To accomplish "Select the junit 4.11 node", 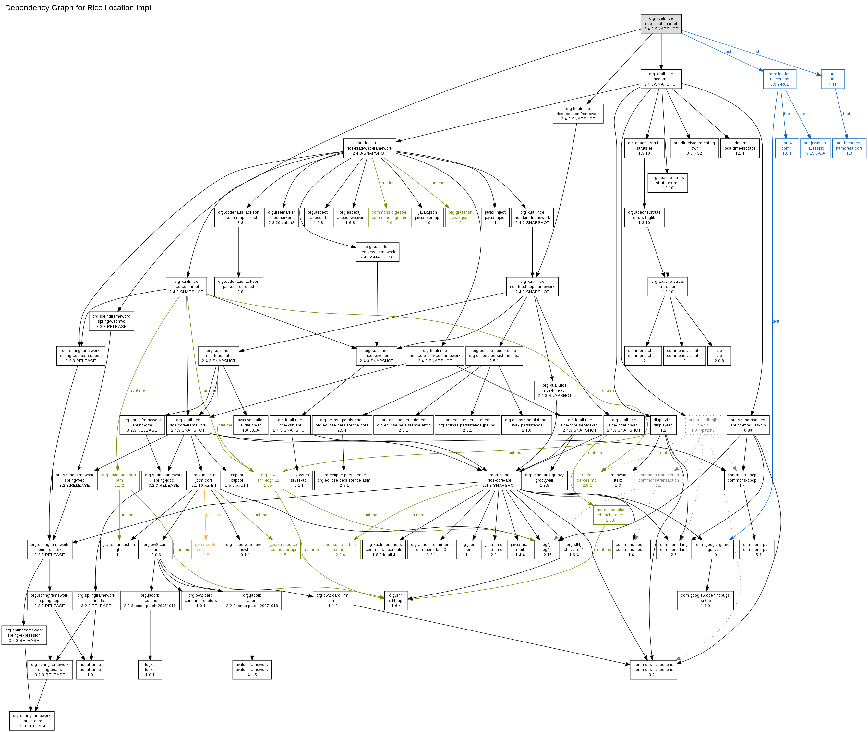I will coord(832,79).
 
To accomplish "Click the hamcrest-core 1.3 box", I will coord(849,148).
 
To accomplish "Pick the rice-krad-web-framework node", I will coord(369,148).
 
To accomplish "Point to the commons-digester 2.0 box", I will coord(389,217).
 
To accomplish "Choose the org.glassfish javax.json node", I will coord(460,217).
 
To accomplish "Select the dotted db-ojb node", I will coord(703,425).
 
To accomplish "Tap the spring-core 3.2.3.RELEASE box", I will coord(31,721).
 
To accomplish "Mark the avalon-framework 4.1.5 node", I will coord(251,669).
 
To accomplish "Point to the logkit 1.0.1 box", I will coord(150,669).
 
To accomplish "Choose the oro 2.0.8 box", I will coord(719,356).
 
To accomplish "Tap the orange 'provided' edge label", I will coord(213,515).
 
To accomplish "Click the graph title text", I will coord(78,8).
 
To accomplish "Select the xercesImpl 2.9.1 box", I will coord(587,480).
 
